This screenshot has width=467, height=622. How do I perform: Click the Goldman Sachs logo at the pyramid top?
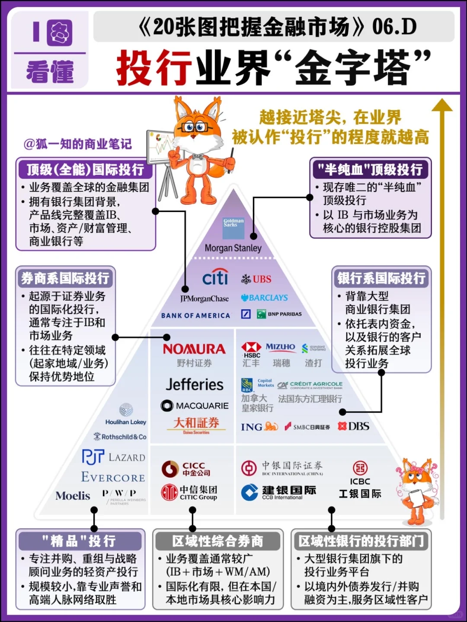point(233,228)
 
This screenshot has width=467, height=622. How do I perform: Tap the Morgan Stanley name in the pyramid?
point(233,248)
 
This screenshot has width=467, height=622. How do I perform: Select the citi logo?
point(215,277)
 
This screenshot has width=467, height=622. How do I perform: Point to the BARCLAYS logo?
point(265,298)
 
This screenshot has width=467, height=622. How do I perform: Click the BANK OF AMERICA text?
point(195,316)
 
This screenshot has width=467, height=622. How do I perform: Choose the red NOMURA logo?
point(194,349)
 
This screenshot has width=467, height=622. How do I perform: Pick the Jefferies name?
point(195,384)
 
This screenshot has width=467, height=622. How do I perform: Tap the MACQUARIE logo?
point(195,406)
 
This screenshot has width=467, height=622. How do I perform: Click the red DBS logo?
point(354,426)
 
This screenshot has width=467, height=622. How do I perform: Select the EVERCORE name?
point(113,477)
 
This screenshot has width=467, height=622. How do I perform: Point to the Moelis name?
point(73,496)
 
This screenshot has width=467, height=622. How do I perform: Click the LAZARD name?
point(127,457)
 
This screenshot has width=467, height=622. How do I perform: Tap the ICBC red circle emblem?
point(360,468)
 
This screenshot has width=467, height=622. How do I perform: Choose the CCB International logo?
point(278,492)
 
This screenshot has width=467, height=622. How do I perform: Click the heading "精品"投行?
point(79,541)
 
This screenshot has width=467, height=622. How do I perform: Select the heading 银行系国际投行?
point(381,278)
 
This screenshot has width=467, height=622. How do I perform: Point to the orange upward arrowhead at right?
point(442,105)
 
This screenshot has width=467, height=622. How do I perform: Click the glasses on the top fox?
point(194,127)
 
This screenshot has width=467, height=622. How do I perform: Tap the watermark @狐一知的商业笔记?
point(78,144)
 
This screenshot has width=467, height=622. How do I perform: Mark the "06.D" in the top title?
point(394,27)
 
